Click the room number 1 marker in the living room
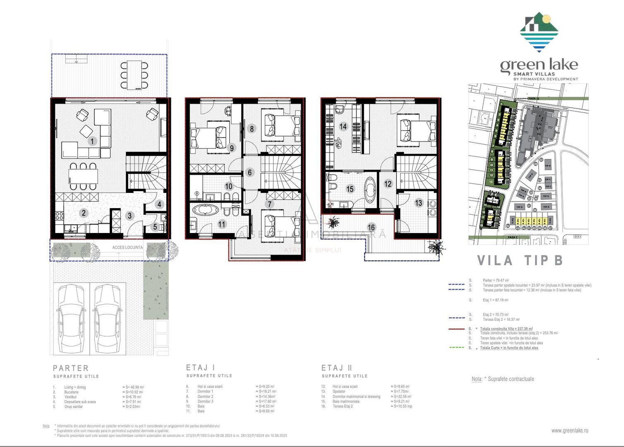click(92, 141)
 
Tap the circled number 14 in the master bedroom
click(343, 126)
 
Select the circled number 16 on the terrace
click(371, 227)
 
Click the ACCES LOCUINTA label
click(127, 248)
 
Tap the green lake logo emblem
click(539, 32)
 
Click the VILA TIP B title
click(520, 260)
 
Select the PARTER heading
click(71, 368)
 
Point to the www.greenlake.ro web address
click(569, 430)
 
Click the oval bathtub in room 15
click(370, 190)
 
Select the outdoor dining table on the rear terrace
click(134, 75)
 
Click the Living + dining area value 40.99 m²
click(133, 387)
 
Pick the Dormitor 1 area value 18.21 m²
click(266, 391)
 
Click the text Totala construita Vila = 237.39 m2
click(506, 329)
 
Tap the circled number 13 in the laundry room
click(419, 203)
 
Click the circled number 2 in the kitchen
click(84, 213)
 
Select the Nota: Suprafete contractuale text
click(503, 379)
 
